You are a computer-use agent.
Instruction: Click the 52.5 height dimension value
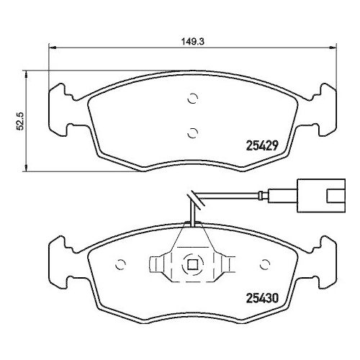21,120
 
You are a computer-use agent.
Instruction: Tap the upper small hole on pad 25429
192,99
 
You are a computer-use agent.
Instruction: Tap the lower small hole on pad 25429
192,131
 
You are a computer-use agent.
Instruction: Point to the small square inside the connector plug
336,195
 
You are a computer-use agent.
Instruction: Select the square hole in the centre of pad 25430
192,264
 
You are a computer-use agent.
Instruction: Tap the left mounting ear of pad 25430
61,262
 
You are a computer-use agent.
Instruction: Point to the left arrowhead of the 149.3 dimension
51,48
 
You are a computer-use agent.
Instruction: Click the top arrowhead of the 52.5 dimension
27,73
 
